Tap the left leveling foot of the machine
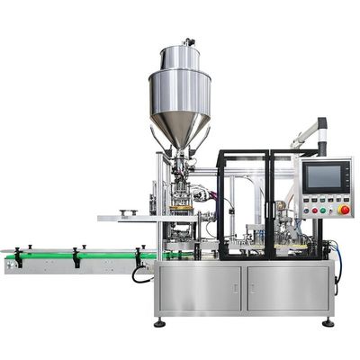point(159,321)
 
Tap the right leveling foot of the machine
point(328,321)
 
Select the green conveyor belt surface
point(81,256)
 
